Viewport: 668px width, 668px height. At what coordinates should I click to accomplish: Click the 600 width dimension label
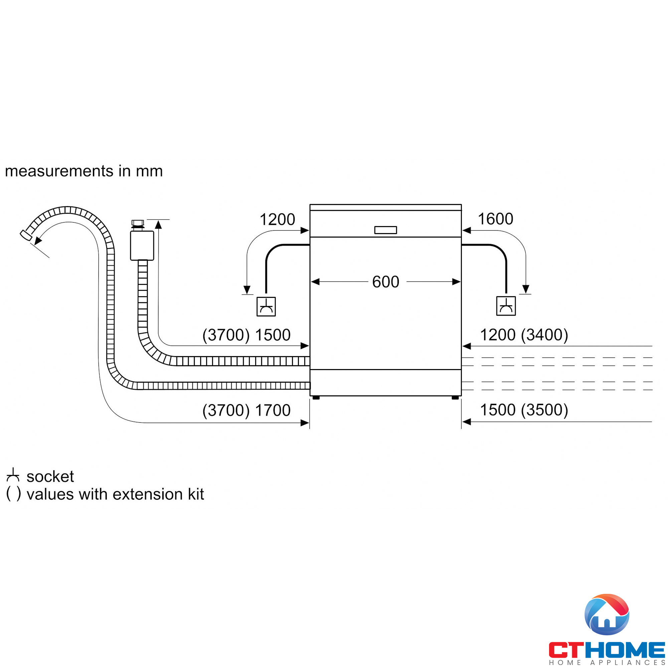(x=385, y=282)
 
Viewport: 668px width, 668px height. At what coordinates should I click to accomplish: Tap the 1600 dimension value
(x=495, y=219)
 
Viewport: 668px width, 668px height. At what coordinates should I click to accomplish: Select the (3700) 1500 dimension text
(x=246, y=335)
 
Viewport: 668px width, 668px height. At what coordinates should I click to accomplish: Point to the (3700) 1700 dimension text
(x=246, y=410)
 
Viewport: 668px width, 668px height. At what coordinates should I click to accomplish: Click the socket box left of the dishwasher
(x=266, y=306)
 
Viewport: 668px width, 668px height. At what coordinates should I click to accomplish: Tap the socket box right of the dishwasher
(x=506, y=306)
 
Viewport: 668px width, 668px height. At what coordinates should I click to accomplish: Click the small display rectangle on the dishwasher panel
(x=385, y=230)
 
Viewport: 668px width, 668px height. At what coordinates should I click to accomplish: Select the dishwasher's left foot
(x=316, y=397)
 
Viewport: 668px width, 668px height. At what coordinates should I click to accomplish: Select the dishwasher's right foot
(x=455, y=397)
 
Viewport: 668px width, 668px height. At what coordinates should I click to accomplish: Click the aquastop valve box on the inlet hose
(x=142, y=245)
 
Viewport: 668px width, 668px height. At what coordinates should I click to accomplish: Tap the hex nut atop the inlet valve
(x=138, y=223)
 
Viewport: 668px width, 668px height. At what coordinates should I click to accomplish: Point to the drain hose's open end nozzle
(x=25, y=235)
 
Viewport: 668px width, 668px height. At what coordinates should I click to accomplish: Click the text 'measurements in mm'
(x=84, y=171)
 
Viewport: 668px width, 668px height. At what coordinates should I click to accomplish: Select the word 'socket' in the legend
(x=50, y=477)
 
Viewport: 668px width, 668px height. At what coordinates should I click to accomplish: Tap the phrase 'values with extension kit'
(x=115, y=494)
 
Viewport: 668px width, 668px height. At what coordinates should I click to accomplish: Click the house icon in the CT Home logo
(x=607, y=614)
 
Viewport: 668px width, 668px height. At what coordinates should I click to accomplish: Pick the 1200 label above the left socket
(x=277, y=219)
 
